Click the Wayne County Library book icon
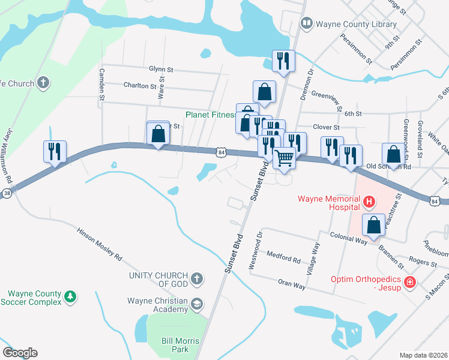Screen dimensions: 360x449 307,23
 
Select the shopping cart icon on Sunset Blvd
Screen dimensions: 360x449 284,158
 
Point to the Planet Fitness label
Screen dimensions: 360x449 210,115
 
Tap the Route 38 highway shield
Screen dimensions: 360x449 6,194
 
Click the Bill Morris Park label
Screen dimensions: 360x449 175,345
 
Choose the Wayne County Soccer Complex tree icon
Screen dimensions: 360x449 70,297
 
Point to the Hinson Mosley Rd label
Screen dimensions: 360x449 99,244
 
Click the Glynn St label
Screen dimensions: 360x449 161,70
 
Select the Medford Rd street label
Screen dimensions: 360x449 283,259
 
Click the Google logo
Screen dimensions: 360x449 20,353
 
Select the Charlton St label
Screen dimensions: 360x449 140,86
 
